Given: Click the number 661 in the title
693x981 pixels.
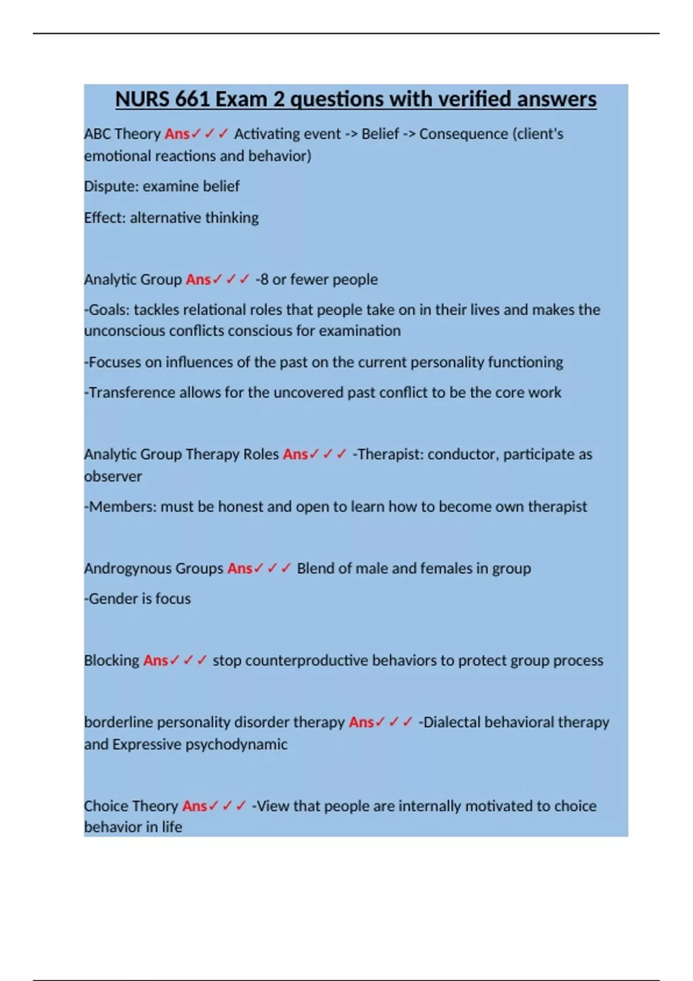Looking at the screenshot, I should tap(192, 99).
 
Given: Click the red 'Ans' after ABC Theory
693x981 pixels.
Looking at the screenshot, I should tap(177, 134).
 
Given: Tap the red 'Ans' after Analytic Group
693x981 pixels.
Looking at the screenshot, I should tap(198, 279).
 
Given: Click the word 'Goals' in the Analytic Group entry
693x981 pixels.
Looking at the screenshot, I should tap(109, 310).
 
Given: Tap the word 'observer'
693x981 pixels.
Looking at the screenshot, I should tap(113, 477).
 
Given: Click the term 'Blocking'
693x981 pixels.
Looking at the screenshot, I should tap(111, 660).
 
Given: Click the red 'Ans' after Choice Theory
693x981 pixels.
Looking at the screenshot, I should tap(195, 806).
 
